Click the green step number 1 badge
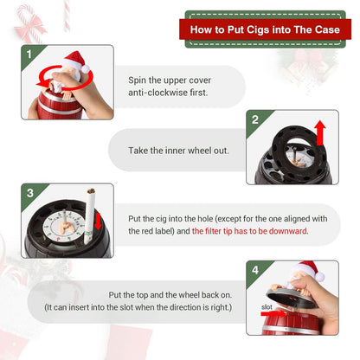tap(31, 55)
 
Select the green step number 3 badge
tap(31, 192)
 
